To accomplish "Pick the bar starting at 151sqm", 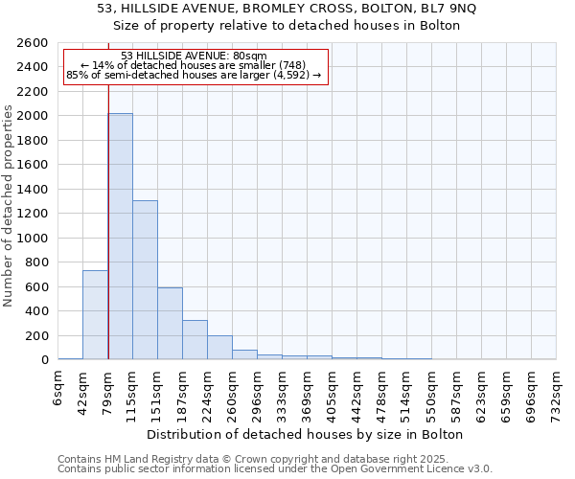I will pos(170,323).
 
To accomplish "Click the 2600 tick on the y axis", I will pos(34,43).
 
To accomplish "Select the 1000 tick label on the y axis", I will pos(34,238).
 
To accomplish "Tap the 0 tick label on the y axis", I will pos(45,360).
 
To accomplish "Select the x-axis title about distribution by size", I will pos(307,434).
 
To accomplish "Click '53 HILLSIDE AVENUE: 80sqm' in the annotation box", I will pos(195,57).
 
